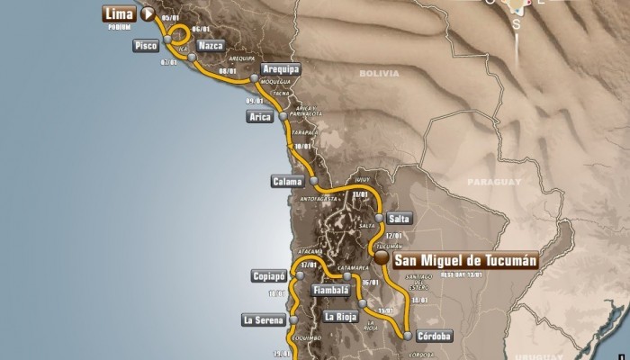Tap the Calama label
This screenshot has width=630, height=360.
[x=286, y=182]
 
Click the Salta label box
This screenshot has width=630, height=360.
[x=400, y=218]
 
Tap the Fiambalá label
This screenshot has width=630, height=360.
[x=330, y=291]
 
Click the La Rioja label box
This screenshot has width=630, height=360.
[x=342, y=316]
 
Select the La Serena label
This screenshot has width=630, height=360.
[x=262, y=319]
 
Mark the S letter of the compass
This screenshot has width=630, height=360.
[x=516, y=24]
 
